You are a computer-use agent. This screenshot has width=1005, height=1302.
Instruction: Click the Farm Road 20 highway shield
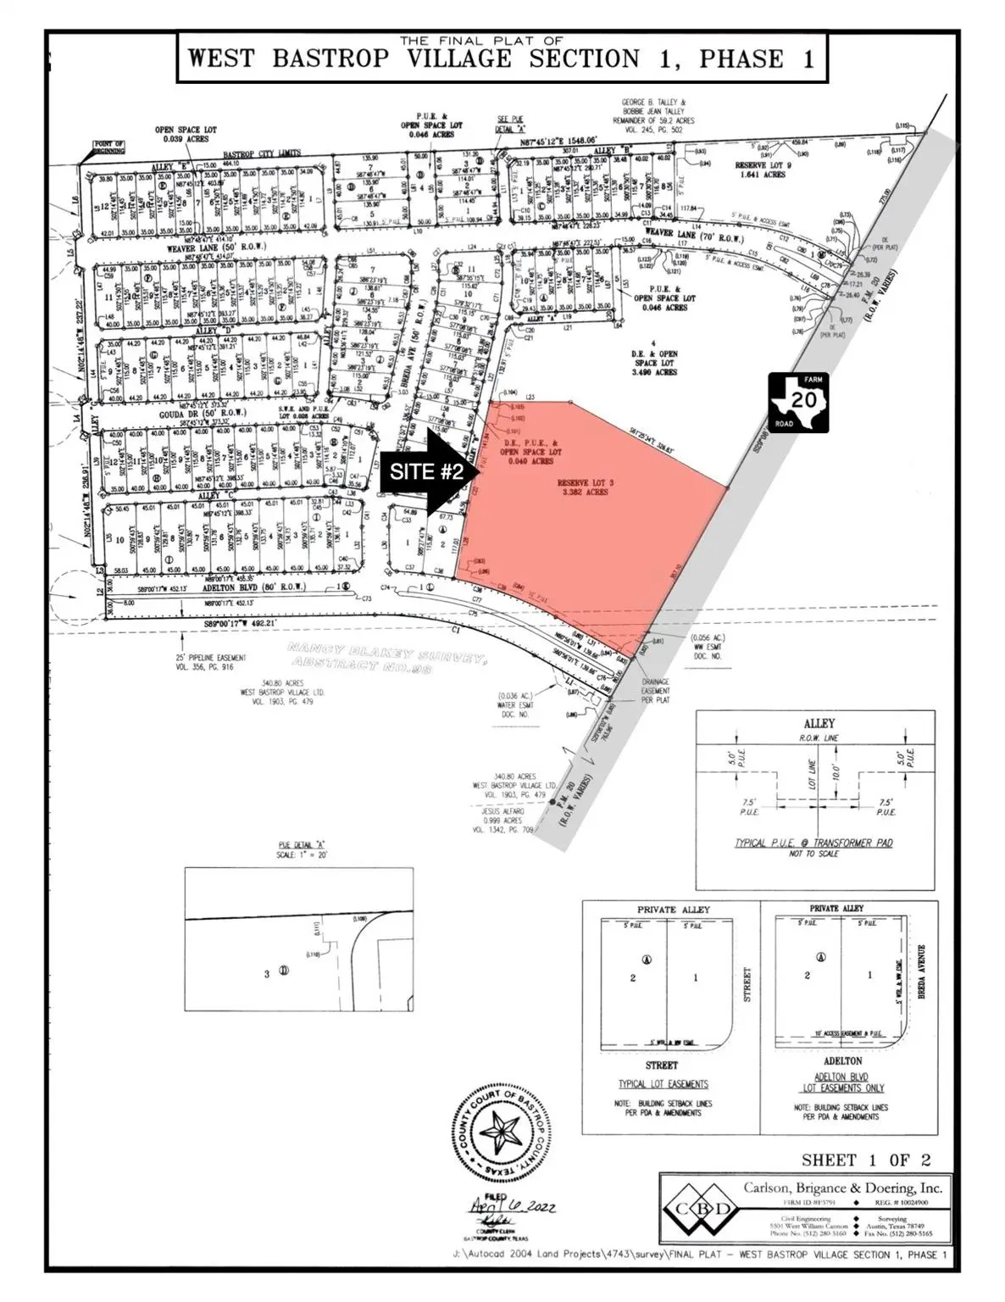(x=798, y=402)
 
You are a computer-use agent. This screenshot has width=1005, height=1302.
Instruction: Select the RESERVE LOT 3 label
(x=585, y=487)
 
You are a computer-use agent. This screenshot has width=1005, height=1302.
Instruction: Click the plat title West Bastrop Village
(x=500, y=58)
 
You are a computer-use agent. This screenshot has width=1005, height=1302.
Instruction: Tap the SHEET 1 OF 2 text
(x=866, y=1160)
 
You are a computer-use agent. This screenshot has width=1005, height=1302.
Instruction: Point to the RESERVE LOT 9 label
(x=774, y=170)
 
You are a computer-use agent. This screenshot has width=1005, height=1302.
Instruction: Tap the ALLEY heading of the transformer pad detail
(x=819, y=724)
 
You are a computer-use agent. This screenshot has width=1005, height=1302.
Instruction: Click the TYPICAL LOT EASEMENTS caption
(x=663, y=1083)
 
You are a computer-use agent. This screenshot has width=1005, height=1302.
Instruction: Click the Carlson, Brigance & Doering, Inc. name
(x=842, y=1188)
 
